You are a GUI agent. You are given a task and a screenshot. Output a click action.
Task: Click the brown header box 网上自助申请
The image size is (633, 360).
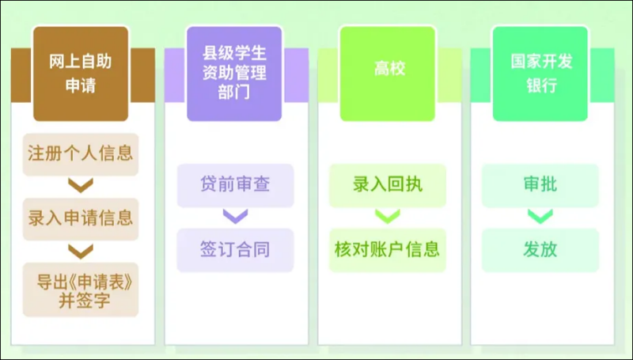pos(81,74)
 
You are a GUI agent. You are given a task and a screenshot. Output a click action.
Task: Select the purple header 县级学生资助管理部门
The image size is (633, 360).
pos(234,74)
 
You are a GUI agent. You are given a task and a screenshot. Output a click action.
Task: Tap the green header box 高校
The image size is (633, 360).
pos(388,74)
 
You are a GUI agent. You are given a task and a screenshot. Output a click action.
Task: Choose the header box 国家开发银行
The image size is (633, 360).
pos(540,74)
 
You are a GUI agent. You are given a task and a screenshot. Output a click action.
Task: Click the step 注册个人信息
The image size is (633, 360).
pos(81,154)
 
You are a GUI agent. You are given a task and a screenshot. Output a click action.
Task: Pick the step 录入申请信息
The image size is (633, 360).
pos(81,219)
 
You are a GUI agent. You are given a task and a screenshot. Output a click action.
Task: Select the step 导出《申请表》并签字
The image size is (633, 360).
pos(81,290)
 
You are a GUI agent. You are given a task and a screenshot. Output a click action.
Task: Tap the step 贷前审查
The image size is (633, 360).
pos(235,186)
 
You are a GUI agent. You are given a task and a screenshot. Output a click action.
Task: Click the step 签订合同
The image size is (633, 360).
pos(235,250)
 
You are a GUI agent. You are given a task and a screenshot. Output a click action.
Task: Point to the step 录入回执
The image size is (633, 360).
pos(388,186)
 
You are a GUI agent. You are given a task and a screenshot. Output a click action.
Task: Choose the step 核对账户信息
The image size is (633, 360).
pos(388,250)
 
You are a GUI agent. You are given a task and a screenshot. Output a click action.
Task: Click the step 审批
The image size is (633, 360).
pos(540,186)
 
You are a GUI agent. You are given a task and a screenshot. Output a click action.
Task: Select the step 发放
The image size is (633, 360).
pos(540,250)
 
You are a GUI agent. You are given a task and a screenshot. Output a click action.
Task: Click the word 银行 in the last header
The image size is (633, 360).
pos(541,85)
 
